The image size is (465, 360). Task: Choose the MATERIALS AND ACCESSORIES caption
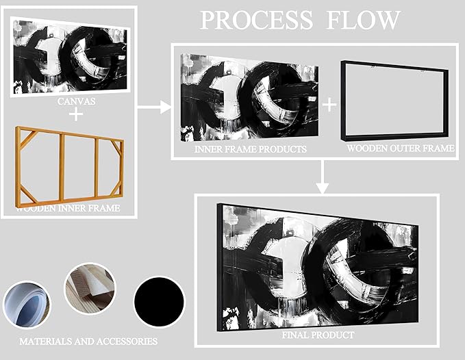(x=88, y=341)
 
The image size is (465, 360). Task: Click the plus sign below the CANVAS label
(x=75, y=114)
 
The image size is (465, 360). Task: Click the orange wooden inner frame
(x=68, y=164)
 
